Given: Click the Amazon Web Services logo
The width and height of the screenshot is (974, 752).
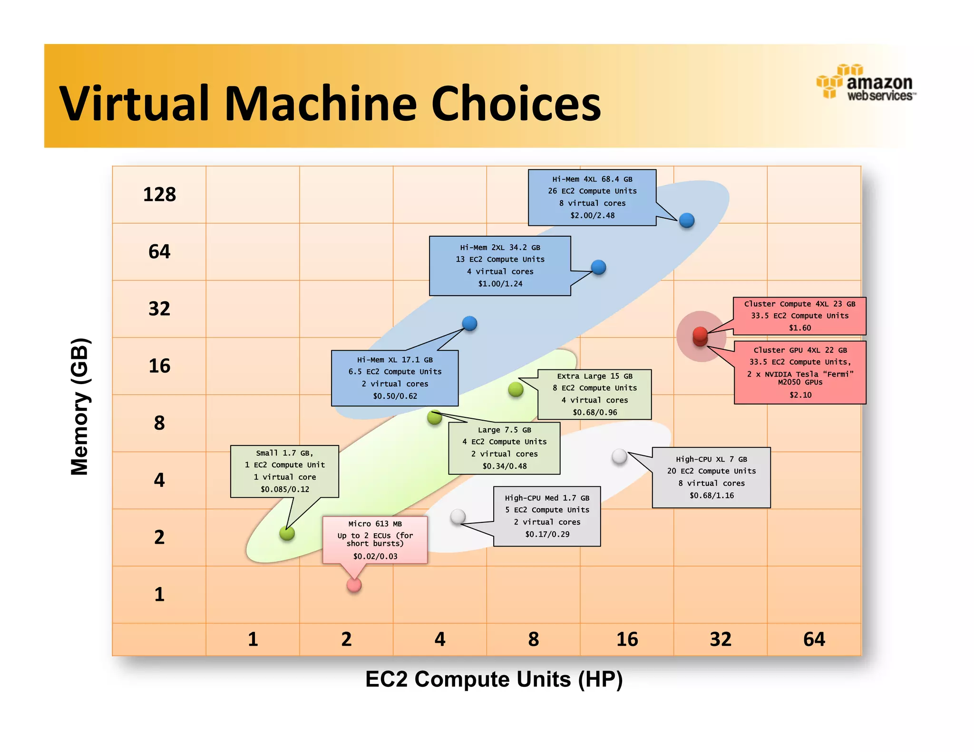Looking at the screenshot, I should coord(866,83).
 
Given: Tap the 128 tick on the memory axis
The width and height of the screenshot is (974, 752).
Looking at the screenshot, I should coord(159,194).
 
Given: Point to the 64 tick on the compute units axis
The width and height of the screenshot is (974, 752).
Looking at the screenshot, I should coord(814,639).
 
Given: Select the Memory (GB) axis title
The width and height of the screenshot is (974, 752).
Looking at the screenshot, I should coord(79,406).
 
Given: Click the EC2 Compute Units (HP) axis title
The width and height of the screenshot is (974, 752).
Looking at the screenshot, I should coord(494,679).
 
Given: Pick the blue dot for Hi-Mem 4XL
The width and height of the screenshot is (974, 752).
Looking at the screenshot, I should coord(687,221).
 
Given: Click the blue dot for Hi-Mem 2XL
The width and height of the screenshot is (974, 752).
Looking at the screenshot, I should coord(598,268).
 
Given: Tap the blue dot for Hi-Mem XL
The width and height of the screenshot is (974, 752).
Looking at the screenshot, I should coord(469,324).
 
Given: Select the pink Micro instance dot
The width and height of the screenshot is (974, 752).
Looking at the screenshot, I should coord(354,585).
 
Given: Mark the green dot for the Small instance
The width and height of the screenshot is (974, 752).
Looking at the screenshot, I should coord(287,533).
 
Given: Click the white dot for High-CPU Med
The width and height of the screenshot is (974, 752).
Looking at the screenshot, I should coord(458,516).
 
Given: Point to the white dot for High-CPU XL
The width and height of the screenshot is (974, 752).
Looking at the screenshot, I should coord(619,456).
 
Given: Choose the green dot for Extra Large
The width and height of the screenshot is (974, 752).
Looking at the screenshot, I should coord(516,389).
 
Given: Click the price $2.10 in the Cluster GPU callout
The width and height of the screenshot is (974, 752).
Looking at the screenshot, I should coord(800,395).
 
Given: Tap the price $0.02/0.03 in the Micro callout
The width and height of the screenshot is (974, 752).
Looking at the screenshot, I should coord(375,556).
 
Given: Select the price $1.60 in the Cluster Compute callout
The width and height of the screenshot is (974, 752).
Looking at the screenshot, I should coord(800,328).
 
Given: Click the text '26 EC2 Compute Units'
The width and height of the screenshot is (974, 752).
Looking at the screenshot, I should coord(592,191).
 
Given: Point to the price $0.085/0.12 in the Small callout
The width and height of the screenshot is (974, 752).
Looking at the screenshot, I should coord(285,489).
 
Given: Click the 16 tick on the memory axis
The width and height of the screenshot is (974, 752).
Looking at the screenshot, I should coord(159,366).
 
